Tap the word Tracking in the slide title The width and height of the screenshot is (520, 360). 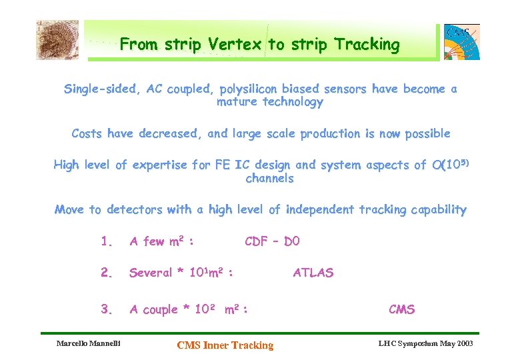(x=367, y=45)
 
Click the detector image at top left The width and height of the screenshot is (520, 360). (x=57, y=40)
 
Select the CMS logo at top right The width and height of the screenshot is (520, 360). (x=462, y=42)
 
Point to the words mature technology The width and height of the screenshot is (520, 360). (x=269, y=103)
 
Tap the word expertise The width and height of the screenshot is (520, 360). (x=158, y=165)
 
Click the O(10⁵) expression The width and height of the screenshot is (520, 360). (x=452, y=165)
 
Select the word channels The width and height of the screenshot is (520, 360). (x=269, y=179)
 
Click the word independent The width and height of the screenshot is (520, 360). (x=320, y=210)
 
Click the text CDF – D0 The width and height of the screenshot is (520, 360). (x=273, y=241)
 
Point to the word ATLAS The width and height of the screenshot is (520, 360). (x=313, y=273)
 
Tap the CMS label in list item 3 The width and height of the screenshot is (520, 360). (x=401, y=309)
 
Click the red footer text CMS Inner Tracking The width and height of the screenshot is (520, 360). (x=225, y=345)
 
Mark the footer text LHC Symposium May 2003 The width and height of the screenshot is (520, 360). (x=425, y=343)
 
